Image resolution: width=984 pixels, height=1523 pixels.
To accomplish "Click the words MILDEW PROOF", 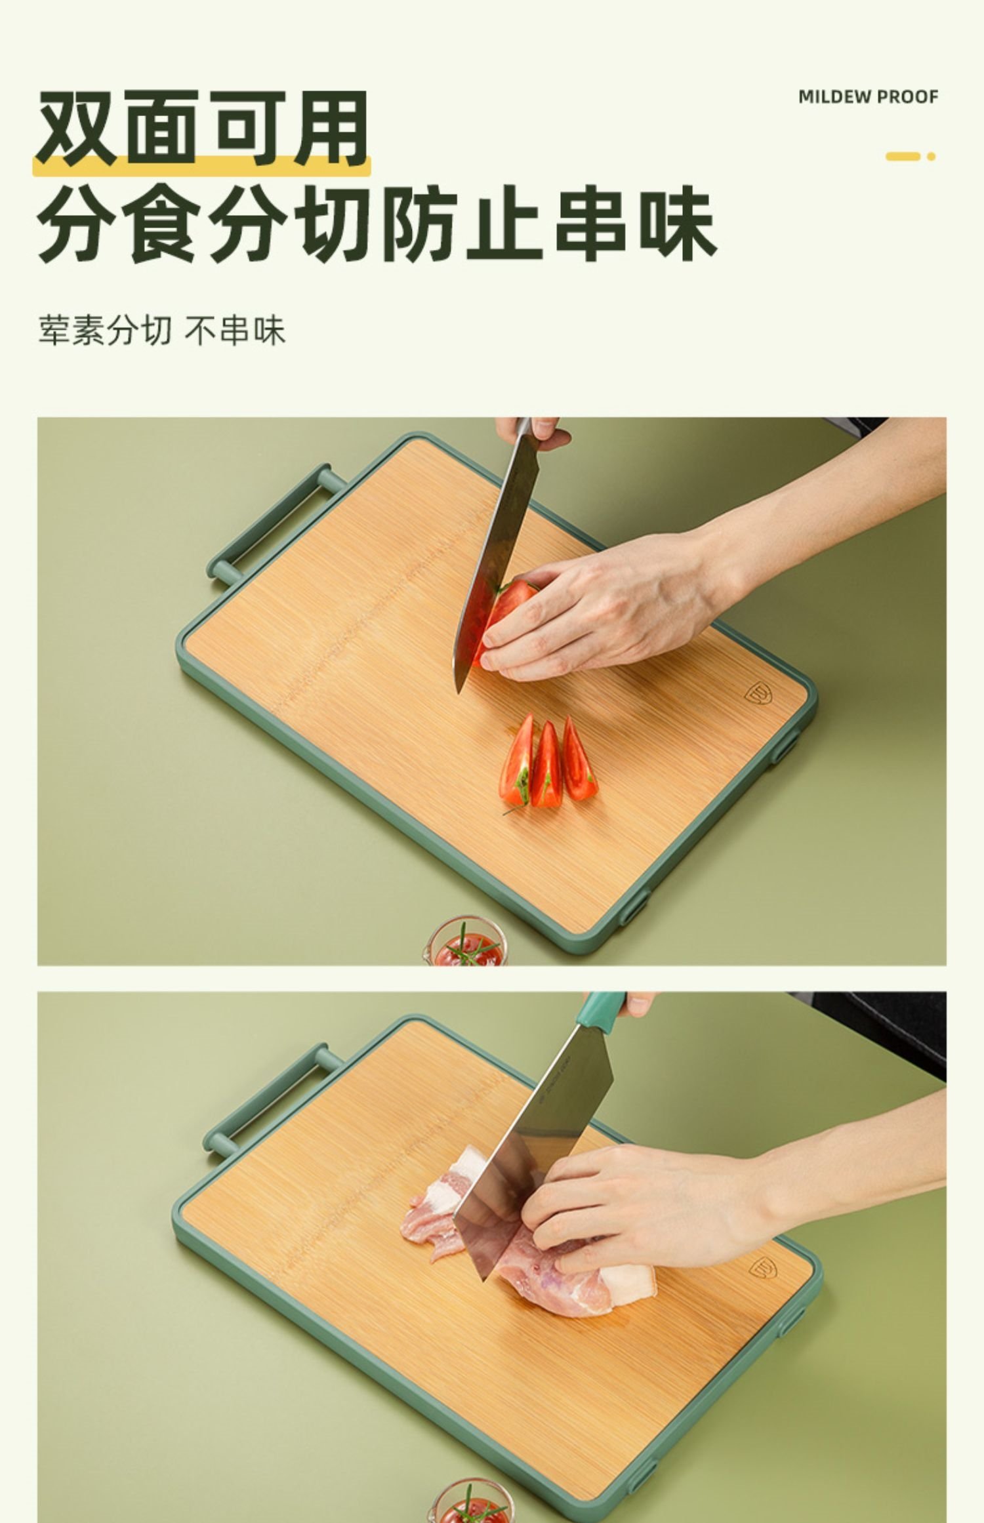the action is (868, 97).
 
